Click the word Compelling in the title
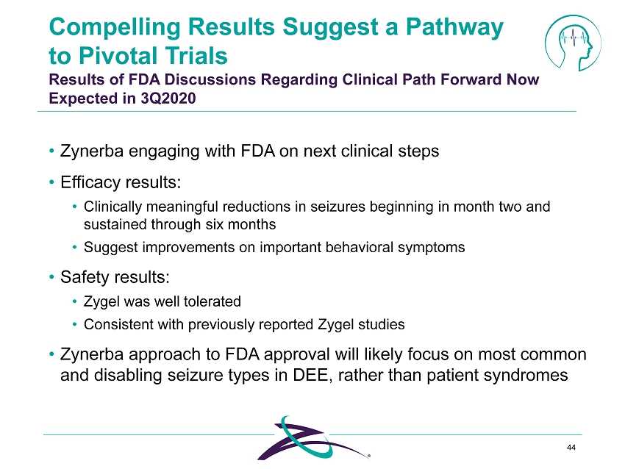[x=115, y=28]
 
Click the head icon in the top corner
[x=573, y=43]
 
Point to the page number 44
[x=571, y=448]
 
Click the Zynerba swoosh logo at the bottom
[x=314, y=438]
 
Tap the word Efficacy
[x=90, y=183]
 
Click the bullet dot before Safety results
[x=51, y=276]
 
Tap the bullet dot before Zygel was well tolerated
[x=74, y=301]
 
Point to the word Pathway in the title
[x=454, y=28]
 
